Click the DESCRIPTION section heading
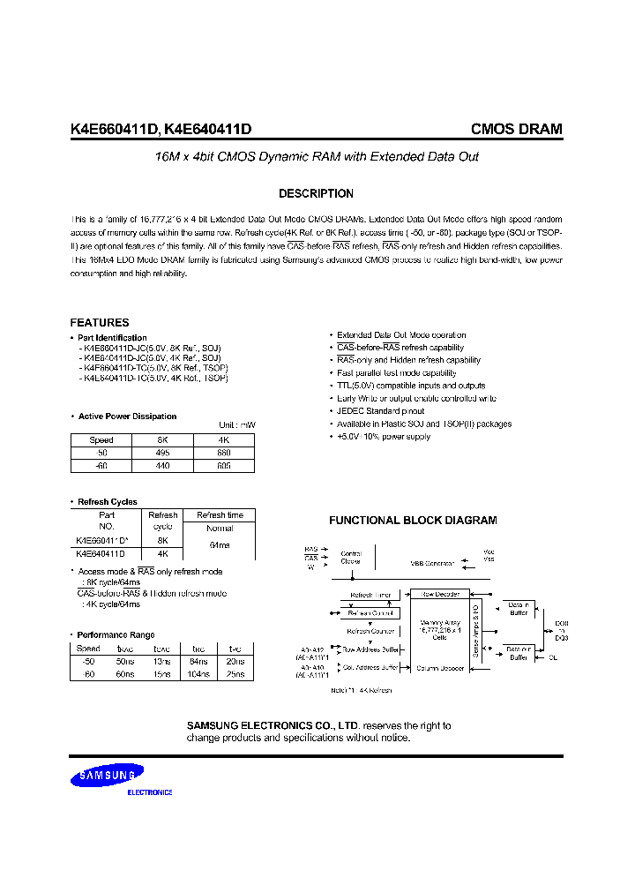click(x=316, y=194)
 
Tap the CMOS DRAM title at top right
click(x=516, y=129)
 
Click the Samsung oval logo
click(x=108, y=777)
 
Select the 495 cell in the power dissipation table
click(x=162, y=453)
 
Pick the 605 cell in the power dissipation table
click(x=224, y=465)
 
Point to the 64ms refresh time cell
click(x=220, y=546)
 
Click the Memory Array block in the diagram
click(x=441, y=631)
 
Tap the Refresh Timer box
click(x=369, y=596)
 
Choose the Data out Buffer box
click(x=518, y=653)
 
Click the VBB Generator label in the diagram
click(x=431, y=563)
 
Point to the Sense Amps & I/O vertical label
click(x=476, y=631)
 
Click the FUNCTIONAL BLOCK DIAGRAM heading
click(x=413, y=521)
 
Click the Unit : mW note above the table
click(x=237, y=425)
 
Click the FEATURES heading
click(x=100, y=323)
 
